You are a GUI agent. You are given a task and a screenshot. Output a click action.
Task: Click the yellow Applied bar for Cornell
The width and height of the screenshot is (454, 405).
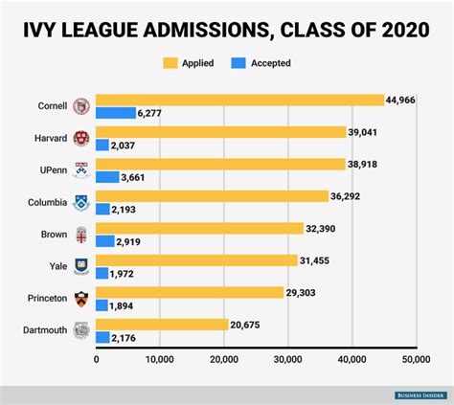[x=239, y=100]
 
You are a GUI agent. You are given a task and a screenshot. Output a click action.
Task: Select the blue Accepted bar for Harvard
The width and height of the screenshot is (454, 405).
[x=102, y=145]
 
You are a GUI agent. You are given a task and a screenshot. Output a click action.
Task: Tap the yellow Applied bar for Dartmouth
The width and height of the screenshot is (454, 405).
[x=162, y=325]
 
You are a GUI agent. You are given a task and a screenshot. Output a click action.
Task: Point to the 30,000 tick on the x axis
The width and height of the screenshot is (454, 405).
[x=287, y=360]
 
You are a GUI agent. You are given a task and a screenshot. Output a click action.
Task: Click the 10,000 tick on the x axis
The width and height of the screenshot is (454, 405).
[x=160, y=360]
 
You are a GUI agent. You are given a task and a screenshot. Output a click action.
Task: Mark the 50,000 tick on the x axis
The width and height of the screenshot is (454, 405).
[x=415, y=360]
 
